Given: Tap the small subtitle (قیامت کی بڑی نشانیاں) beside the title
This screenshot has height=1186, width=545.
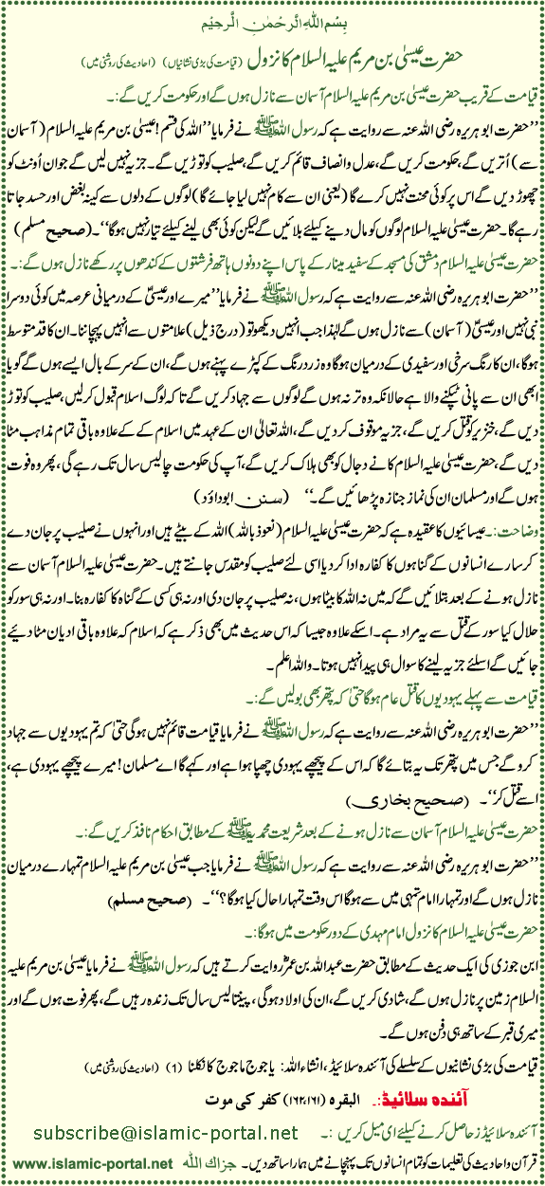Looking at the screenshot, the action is (192, 46).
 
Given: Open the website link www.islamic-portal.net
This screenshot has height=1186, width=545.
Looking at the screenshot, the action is (80, 1164).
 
